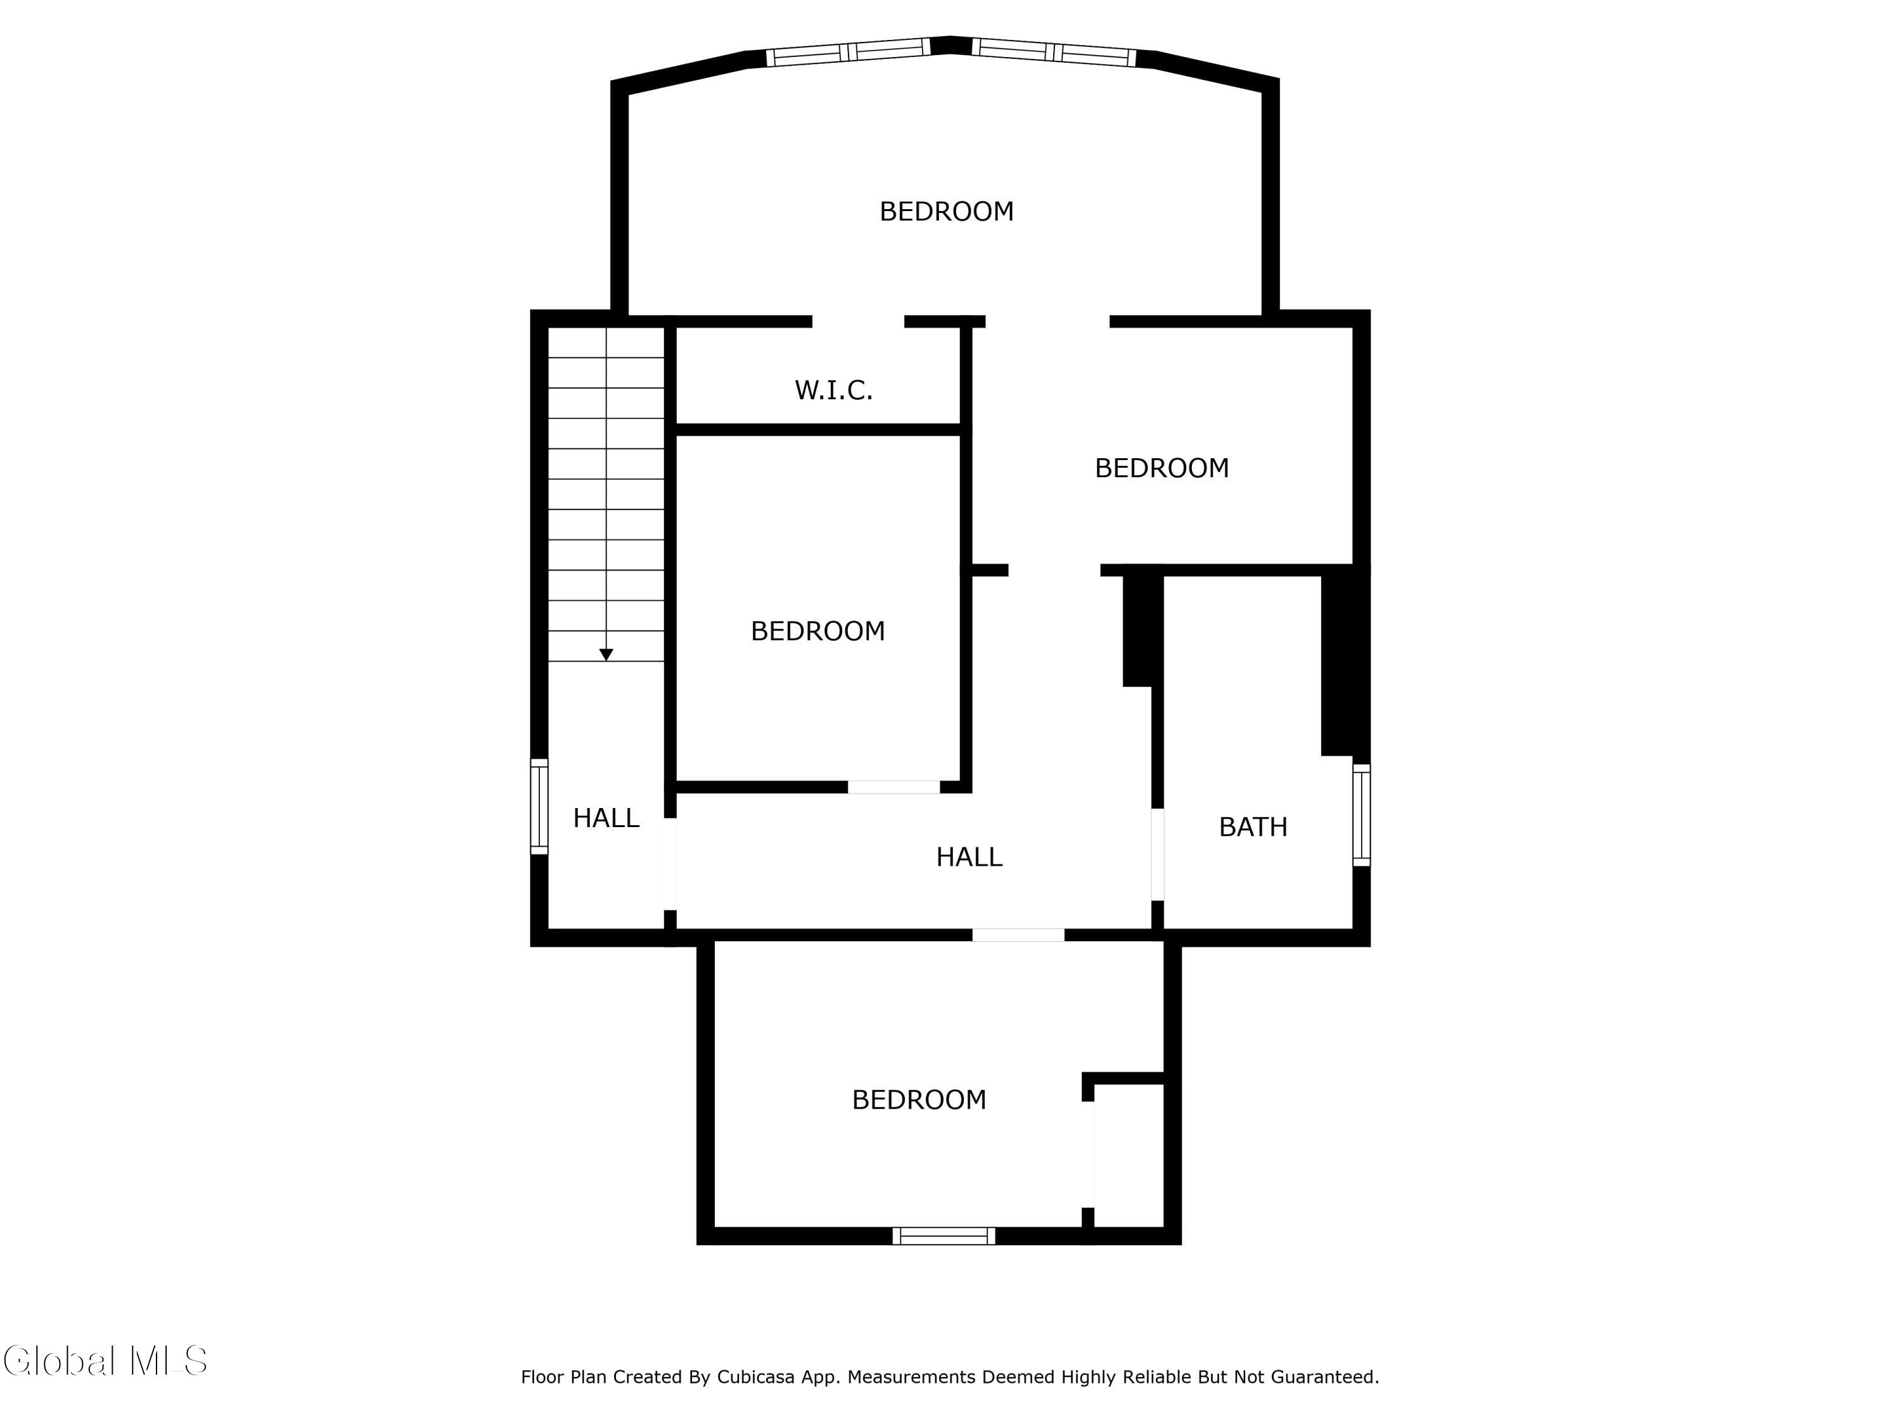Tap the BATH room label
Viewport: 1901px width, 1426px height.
(1252, 827)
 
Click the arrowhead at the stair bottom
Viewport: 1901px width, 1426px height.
(606, 655)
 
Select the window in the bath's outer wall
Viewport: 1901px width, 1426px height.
(1361, 814)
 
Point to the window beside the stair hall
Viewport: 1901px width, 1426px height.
(539, 806)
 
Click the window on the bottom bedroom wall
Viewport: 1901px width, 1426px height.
(944, 1236)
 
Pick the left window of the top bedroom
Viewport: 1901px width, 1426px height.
(848, 53)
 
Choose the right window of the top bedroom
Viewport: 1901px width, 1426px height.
(1054, 53)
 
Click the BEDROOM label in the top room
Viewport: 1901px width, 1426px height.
(946, 212)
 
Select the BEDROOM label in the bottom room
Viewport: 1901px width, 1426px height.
(919, 1100)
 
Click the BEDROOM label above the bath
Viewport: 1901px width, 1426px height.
(1161, 468)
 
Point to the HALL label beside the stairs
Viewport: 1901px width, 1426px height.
(606, 818)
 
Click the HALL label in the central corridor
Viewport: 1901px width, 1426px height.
(968, 857)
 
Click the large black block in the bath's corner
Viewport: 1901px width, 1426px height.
(1344, 662)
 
